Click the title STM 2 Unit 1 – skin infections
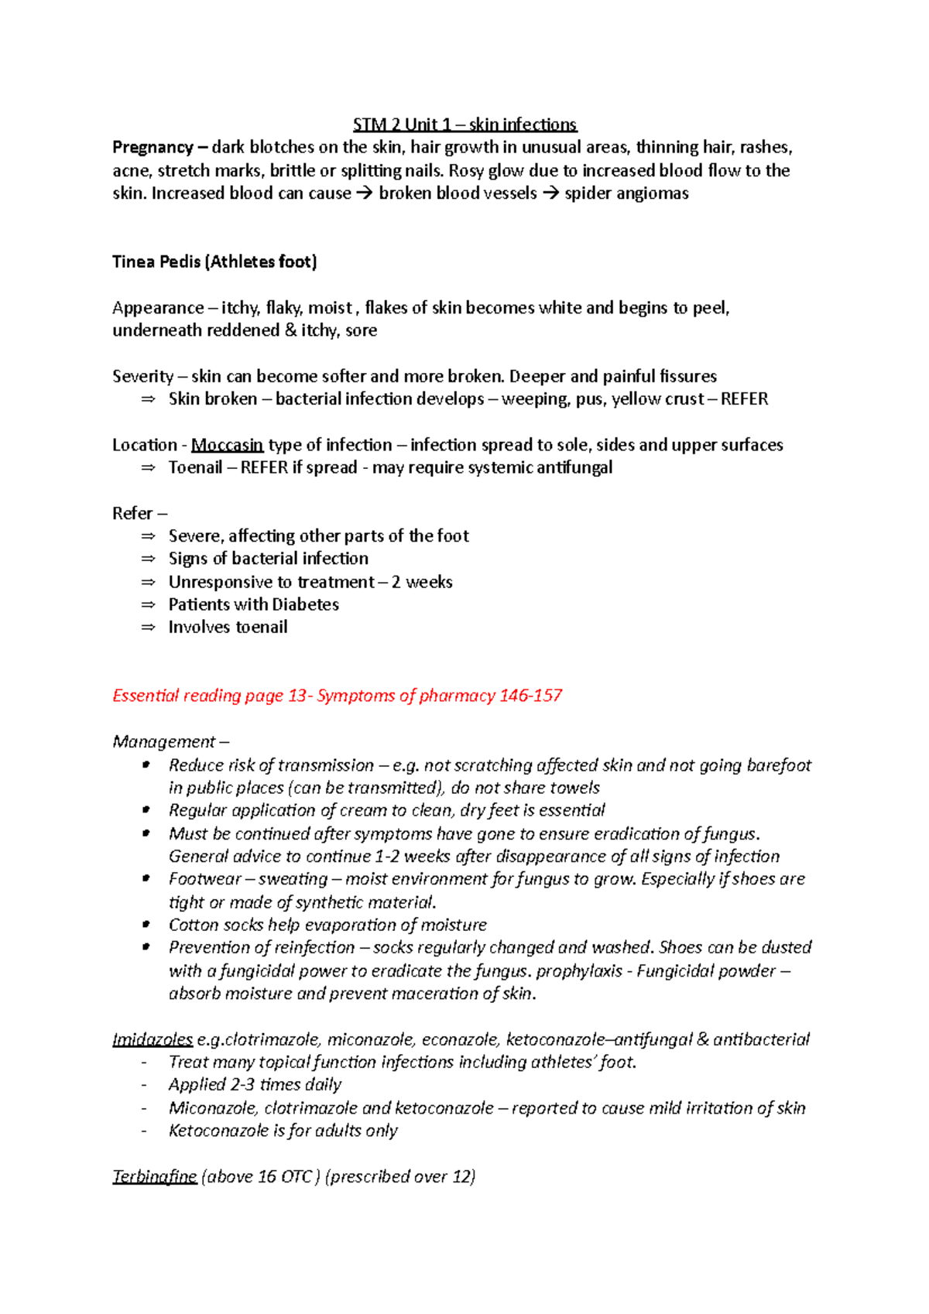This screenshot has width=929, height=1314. click(464, 125)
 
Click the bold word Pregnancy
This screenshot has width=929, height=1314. click(153, 147)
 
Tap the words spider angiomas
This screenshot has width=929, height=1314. click(626, 193)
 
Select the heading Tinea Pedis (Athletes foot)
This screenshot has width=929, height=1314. click(214, 262)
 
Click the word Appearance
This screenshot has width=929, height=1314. click(157, 308)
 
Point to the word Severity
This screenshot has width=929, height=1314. click(142, 376)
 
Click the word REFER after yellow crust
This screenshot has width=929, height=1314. click(744, 399)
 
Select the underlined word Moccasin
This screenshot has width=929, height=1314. click(227, 445)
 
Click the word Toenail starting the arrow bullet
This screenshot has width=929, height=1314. click(195, 467)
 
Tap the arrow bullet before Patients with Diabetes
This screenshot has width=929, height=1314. click(148, 604)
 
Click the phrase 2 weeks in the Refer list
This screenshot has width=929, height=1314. click(421, 582)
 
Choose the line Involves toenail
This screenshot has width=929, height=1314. click(228, 628)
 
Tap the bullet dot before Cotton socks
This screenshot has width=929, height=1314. click(146, 924)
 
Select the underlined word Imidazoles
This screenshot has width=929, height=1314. click(153, 1039)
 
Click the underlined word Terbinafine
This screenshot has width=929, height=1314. click(154, 1176)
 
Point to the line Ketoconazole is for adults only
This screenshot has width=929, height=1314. click(283, 1131)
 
